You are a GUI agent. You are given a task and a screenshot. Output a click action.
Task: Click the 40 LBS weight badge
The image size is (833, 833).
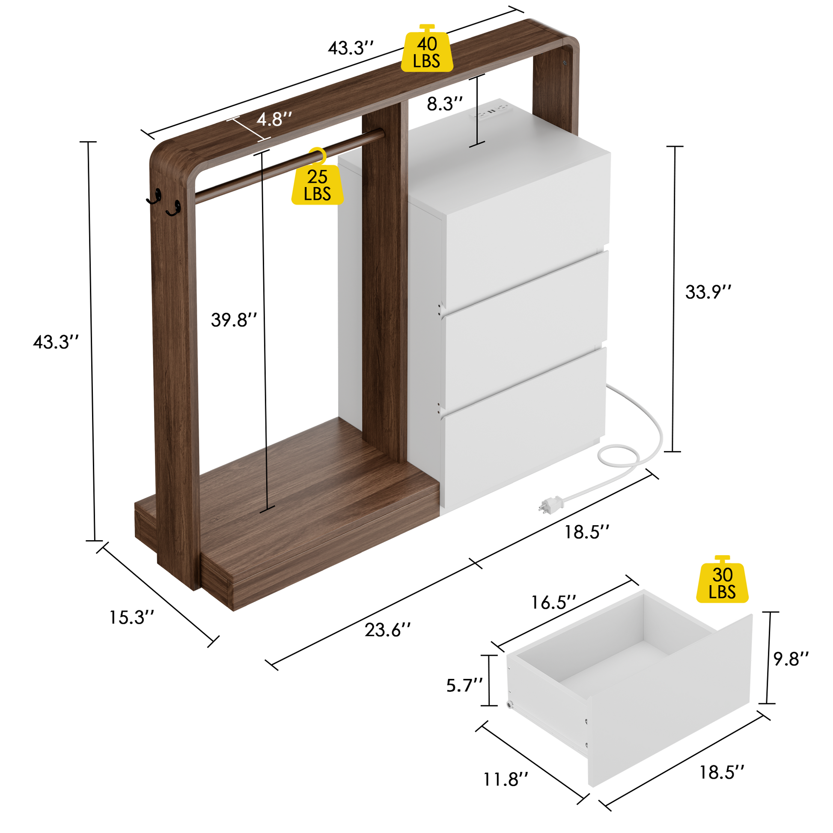coord(427,48)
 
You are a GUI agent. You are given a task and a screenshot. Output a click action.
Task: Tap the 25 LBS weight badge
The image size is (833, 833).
coord(318,178)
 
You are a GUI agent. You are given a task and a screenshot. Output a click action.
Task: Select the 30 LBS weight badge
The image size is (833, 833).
coord(722,579)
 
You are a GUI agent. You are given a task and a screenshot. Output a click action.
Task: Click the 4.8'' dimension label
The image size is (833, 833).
coord(274,119)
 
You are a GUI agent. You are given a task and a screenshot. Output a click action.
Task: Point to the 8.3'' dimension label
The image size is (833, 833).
coord(444,104)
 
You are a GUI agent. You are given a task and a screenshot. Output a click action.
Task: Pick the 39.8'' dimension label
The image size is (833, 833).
coord(234,320)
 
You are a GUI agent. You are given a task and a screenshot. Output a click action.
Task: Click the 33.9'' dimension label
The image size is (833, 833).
coord(708,292)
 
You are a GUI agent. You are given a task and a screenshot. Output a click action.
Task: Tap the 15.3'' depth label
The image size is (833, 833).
coord(131,617)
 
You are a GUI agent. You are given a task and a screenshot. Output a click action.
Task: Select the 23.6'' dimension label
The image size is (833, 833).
coord(388,630)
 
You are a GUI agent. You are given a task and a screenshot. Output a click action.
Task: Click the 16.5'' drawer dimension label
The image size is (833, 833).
coord(553,602)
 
